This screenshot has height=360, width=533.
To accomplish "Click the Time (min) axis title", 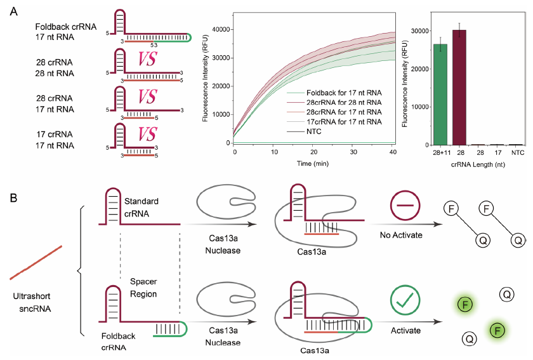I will point(315,163).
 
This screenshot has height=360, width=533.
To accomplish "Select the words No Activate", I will point(404,235).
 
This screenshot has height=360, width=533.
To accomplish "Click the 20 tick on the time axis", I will point(315,152).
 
